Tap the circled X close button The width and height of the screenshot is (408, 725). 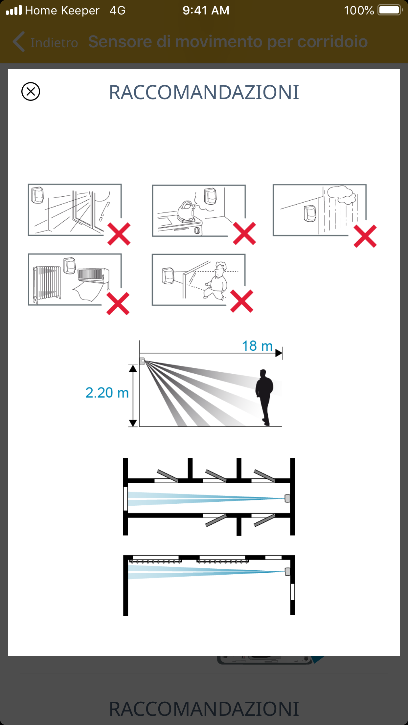31,91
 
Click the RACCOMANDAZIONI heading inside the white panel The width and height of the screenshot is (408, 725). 204,92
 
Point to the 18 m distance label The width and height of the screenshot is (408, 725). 257,346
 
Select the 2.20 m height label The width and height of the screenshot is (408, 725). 107,393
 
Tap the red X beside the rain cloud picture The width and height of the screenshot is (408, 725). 365,236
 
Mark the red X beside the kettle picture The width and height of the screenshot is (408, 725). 244,233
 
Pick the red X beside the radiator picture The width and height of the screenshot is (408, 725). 118,303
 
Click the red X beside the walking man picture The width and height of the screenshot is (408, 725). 242,301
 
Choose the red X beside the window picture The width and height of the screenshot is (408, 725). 119,234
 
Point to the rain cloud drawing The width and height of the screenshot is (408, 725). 342,194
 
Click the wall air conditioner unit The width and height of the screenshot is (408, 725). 93,275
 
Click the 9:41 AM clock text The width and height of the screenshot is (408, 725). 206,11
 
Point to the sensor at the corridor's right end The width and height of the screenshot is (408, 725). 287,498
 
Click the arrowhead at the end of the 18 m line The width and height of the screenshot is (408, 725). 279,353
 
